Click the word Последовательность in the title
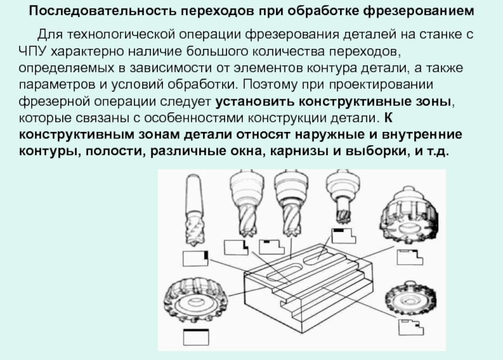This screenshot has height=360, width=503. [x=102, y=11]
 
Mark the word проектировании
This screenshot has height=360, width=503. [x=381, y=84]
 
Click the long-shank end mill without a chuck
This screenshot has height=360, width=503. [x=194, y=210]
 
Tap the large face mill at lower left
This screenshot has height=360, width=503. [x=196, y=300]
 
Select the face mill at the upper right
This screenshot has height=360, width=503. [x=409, y=219]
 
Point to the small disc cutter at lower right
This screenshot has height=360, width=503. [x=411, y=298]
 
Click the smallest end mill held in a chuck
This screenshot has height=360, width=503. [x=342, y=197]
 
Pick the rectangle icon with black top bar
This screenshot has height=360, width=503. [x=196, y=337]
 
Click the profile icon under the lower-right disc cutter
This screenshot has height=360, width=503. [x=411, y=327]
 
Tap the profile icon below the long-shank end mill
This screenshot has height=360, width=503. [x=196, y=259]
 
